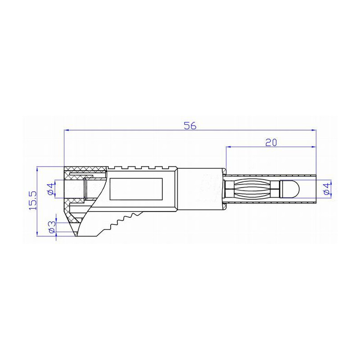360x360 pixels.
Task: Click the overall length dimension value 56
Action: pos(190,126)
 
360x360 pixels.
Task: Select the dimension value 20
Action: pos(270,142)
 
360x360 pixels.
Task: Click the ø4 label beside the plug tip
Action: pos(328,188)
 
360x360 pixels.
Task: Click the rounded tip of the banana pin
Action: pos(290,188)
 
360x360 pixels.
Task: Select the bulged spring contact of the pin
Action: pos(254,188)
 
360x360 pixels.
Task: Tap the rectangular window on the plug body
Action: pos(136,188)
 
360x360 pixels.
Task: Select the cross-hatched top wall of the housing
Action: pos(85,170)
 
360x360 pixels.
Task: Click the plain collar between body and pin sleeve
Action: pos(200,188)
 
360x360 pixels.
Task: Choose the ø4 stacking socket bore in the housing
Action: pos(75,189)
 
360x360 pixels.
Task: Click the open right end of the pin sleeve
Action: pos(315,188)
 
